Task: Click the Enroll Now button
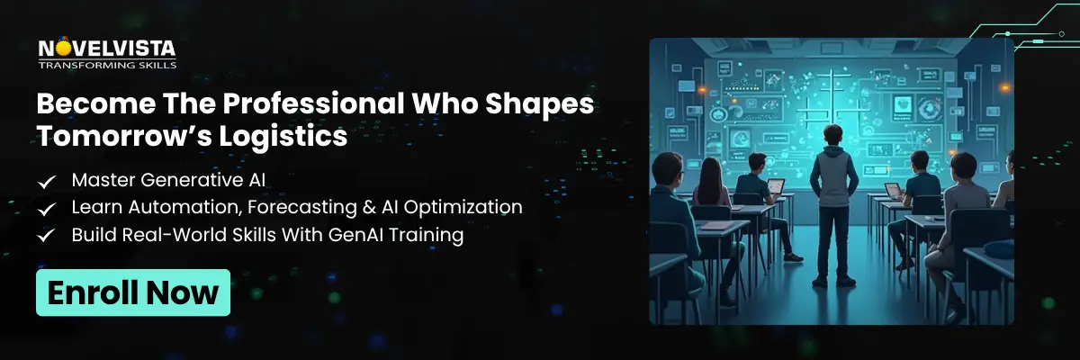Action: coord(132,292)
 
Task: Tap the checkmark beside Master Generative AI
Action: coord(47,182)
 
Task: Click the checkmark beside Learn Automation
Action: coord(47,209)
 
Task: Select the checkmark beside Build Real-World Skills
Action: coord(47,236)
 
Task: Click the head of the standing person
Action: coord(830,132)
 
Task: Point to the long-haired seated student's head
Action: coord(706,169)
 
